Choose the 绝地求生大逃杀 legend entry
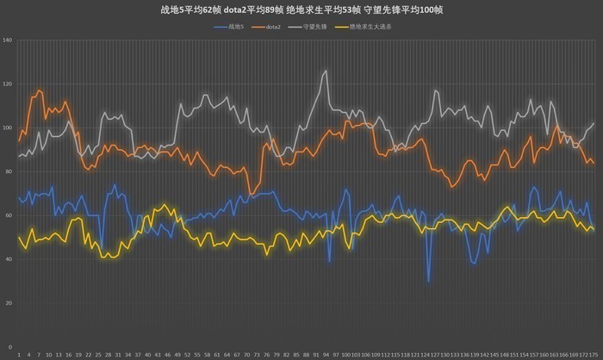[x=374, y=27]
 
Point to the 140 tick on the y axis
[x=8, y=40]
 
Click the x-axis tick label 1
[x=19, y=354]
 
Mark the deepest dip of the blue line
[x=428, y=281]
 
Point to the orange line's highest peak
[x=39, y=90]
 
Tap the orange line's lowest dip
[x=250, y=193]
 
